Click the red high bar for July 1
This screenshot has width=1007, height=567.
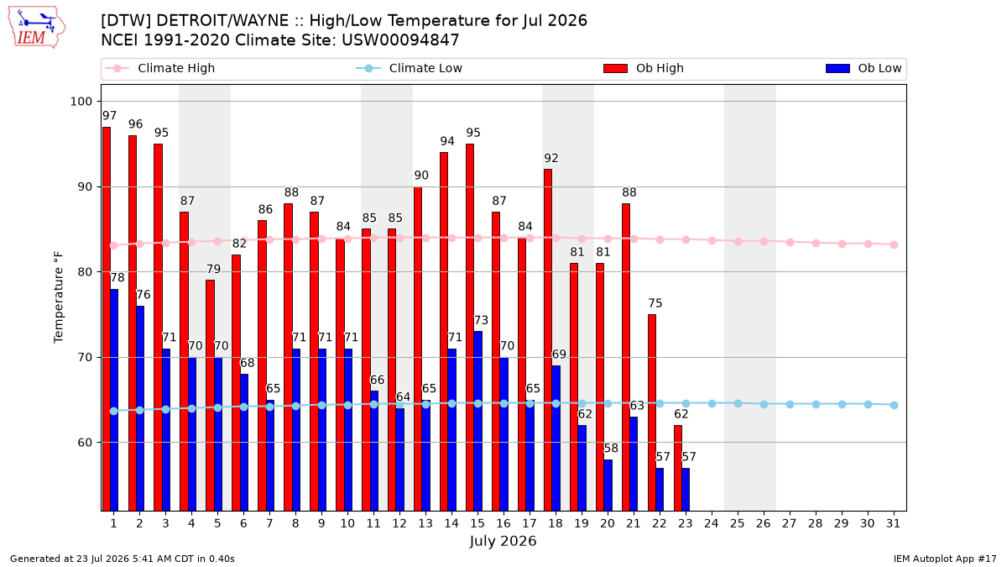107,319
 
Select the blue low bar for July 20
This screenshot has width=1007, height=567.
608,486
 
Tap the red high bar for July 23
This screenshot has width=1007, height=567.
678,469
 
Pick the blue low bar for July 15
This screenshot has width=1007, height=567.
477,421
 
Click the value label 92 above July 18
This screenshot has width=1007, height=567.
551,159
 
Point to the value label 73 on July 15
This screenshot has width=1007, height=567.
481,320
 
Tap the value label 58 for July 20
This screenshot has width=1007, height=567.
611,449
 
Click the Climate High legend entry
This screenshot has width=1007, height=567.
159,68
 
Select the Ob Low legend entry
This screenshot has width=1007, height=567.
864,68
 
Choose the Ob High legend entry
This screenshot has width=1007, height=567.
644,68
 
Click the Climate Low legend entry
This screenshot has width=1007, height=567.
410,68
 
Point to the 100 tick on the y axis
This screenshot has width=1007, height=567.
81,102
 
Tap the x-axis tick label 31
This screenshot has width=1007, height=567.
893,524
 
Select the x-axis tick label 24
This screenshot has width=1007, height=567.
712,524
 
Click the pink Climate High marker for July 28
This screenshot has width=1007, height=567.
816,243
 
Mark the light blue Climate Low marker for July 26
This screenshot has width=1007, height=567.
764,405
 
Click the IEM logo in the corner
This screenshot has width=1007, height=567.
37,28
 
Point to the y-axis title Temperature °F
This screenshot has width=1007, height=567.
59,297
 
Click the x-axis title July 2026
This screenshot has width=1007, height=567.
503,541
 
